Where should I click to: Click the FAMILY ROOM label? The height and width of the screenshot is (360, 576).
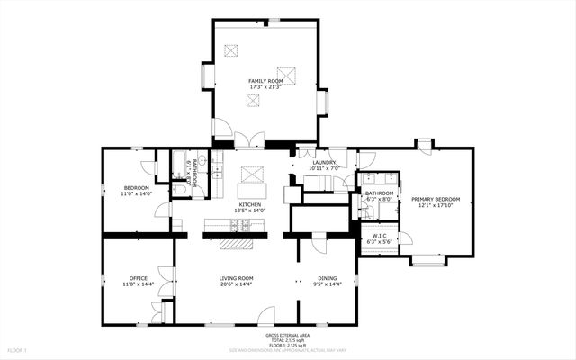point(265,81)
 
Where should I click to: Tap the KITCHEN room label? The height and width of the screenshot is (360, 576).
point(250,204)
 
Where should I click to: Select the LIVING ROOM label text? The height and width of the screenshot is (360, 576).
point(237,278)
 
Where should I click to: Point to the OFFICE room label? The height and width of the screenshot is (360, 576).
point(138,278)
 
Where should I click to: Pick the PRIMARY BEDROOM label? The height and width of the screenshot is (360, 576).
point(436,199)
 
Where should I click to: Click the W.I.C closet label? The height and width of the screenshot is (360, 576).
point(379,238)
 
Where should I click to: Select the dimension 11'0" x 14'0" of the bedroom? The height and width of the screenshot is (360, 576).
point(138,193)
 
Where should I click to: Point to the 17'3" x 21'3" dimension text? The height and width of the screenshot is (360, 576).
point(265,87)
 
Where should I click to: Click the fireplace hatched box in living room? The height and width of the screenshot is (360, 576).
point(238,243)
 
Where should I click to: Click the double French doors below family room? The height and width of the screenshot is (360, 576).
point(248,140)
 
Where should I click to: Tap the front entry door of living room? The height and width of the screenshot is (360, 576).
point(266,317)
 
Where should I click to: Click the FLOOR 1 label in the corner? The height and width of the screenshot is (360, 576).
point(18,349)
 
